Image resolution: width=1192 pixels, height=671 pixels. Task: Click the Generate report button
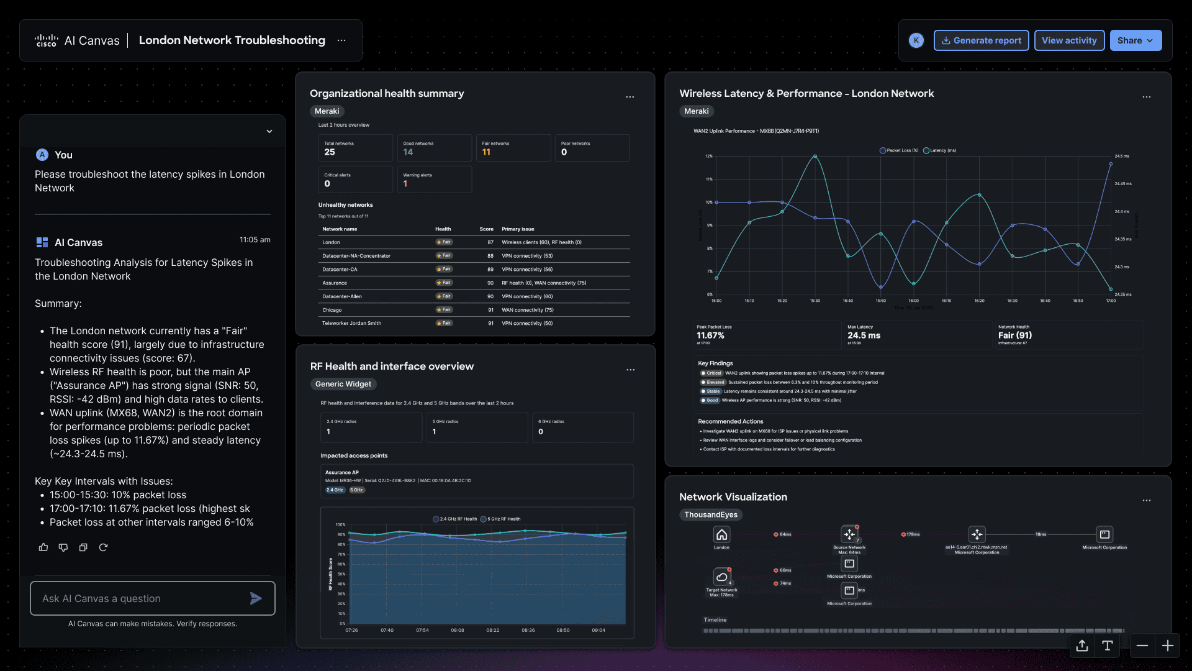(981, 40)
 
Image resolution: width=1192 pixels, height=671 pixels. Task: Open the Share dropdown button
(1135, 40)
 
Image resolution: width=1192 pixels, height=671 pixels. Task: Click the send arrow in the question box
(255, 598)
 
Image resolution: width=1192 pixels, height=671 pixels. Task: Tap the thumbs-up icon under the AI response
(43, 547)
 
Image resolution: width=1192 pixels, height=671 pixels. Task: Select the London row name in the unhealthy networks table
(331, 242)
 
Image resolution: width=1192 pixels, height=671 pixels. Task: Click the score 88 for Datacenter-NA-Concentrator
(490, 256)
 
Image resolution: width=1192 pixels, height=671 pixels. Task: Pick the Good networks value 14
(408, 152)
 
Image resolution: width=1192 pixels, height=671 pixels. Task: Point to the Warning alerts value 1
(405, 184)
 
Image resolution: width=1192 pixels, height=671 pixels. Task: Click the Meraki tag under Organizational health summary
(327, 111)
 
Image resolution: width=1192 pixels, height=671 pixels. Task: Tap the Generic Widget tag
(343, 384)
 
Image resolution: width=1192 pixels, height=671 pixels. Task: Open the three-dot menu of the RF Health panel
(630, 370)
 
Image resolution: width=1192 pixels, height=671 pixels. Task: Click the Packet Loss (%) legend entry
(899, 150)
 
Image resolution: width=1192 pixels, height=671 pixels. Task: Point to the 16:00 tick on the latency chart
(913, 301)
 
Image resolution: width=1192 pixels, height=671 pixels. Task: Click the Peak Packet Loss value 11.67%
(710, 335)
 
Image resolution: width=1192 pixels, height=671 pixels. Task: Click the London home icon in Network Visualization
(721, 534)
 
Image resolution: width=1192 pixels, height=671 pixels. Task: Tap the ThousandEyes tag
(710, 514)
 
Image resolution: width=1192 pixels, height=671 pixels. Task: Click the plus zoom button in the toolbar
(1167, 646)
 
